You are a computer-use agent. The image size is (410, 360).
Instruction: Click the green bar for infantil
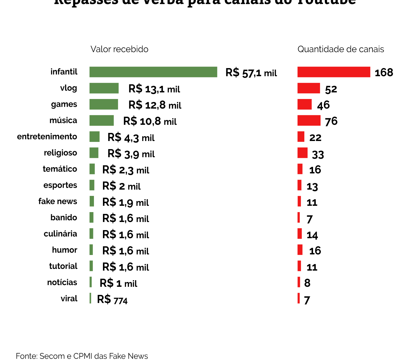pyautogui.click(x=153, y=72)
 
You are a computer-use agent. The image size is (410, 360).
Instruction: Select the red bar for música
pyautogui.click(x=309, y=120)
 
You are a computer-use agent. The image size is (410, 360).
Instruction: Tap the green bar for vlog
pyautogui.click(x=104, y=88)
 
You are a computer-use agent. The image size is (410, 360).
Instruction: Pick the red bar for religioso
pyautogui.click(x=302, y=153)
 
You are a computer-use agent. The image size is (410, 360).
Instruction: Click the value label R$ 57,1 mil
pyautogui.click(x=251, y=73)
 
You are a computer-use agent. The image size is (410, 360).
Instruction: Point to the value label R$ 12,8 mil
pyautogui.click(x=155, y=105)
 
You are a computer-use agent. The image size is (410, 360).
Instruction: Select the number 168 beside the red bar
pyautogui.click(x=384, y=73)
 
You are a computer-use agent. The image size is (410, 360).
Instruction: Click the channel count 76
pyautogui.click(x=331, y=121)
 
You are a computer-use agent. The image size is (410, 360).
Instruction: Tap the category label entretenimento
pyautogui.click(x=47, y=137)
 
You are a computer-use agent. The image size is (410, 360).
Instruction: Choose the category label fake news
pyautogui.click(x=58, y=201)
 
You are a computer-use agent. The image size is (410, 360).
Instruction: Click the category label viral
pyautogui.click(x=69, y=298)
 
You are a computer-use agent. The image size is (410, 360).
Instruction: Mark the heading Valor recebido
pyautogui.click(x=119, y=49)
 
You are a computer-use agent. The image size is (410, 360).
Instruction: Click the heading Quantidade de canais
pyautogui.click(x=341, y=49)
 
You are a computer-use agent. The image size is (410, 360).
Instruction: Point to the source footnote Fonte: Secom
pyautogui.click(x=82, y=356)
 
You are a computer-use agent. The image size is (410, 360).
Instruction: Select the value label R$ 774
pyautogui.click(x=112, y=299)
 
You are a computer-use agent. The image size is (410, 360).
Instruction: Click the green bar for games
pyautogui.click(x=104, y=104)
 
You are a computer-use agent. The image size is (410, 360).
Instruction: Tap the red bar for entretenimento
pyautogui.click(x=301, y=136)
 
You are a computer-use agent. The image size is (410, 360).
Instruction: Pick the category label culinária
pyautogui.click(x=60, y=234)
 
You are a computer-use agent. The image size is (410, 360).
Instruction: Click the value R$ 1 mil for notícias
pyautogui.click(x=118, y=283)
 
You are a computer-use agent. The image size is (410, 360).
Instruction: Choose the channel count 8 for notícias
pyautogui.click(x=307, y=283)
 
